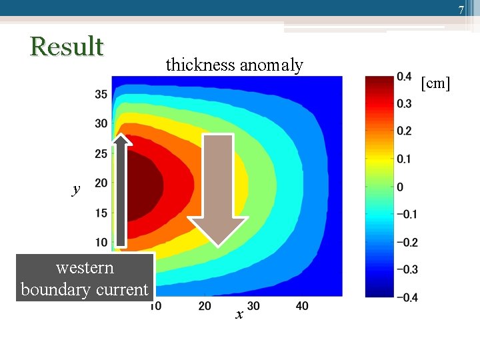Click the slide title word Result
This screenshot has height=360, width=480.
pos(67,47)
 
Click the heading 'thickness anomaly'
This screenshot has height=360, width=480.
pos(234,65)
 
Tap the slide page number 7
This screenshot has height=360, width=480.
pos(460,10)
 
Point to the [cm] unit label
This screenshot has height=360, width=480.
pos(436,83)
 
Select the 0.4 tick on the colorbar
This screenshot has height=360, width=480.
pos(403,77)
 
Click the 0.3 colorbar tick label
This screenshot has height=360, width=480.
pos(403,104)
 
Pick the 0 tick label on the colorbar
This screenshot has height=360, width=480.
pos(399,187)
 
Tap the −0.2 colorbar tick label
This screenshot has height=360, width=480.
pos(407,242)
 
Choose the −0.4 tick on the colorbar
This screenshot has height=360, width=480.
pos(407,297)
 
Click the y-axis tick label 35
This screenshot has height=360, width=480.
pos(101,95)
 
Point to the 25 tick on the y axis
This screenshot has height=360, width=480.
pos(101,154)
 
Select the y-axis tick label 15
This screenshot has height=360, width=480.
pos(101,213)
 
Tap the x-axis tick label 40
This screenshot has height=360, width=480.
pos(302,305)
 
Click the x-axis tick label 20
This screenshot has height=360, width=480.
pos(205,305)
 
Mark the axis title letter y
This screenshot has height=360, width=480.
pos(76,189)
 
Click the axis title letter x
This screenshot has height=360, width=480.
pos(239,315)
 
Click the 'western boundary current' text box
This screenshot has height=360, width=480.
pos(85,278)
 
